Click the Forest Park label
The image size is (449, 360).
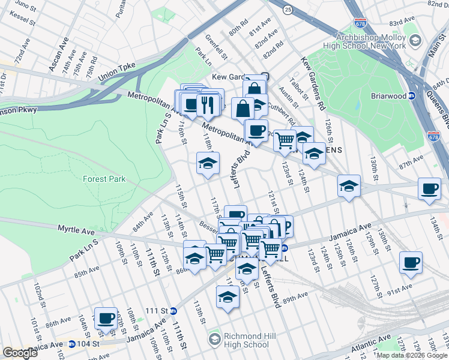(x=101, y=178)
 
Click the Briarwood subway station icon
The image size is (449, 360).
(x=412, y=95)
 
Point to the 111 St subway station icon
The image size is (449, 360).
(x=173, y=311)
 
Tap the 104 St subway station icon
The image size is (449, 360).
(x=72, y=344)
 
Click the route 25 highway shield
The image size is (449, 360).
(x=288, y=10)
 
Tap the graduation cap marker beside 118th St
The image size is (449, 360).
(x=208, y=163)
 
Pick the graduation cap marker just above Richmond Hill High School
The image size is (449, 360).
(x=228, y=296)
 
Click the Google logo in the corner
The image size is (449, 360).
(x=20, y=353)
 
